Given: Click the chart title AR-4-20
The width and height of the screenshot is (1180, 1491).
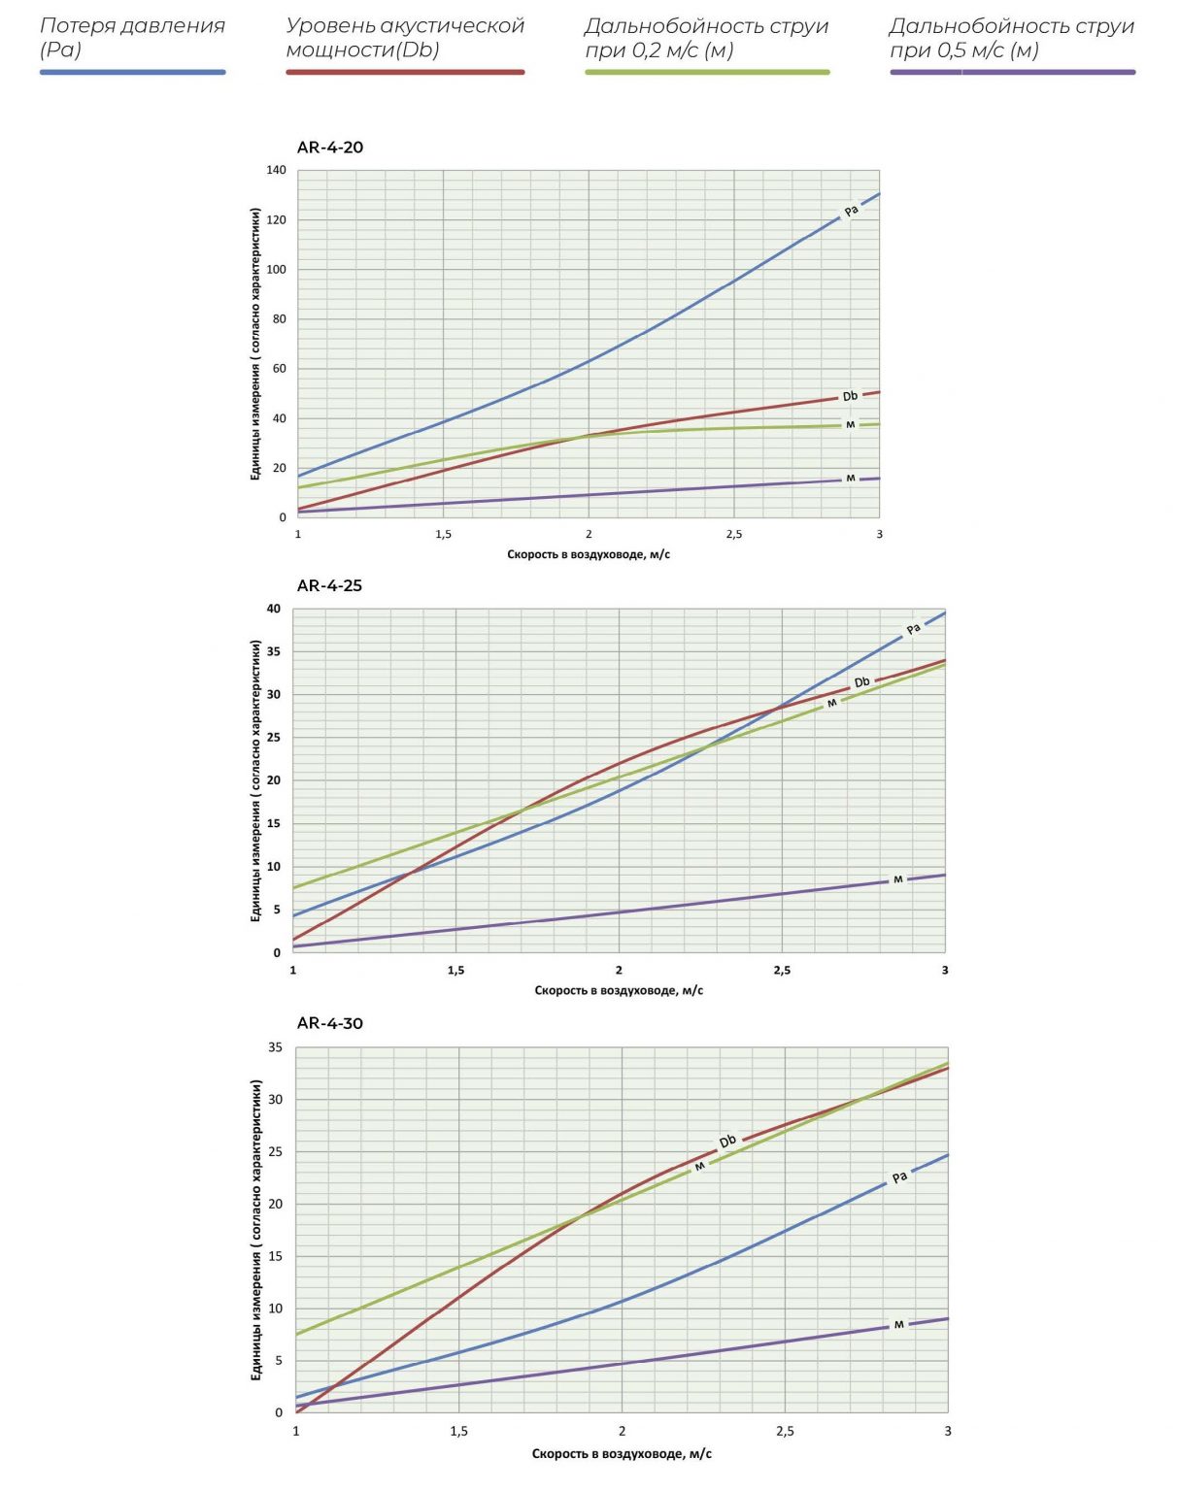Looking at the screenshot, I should tap(330, 148).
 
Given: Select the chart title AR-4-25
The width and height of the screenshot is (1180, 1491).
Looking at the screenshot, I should tap(329, 585).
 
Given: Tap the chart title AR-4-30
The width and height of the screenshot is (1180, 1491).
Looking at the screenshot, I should tap(329, 1023).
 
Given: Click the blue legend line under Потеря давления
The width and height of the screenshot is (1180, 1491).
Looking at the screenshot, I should tap(132, 72).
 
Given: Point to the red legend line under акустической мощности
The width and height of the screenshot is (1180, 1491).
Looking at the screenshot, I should tap(405, 72).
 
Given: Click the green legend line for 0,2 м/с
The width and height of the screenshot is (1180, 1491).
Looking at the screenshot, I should tap(707, 72).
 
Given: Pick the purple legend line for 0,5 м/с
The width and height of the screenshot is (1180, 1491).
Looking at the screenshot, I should tap(1012, 72).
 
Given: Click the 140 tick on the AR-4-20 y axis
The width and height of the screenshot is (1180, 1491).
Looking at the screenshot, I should tap(277, 170).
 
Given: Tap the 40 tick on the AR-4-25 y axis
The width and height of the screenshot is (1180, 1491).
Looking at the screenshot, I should tap(274, 609).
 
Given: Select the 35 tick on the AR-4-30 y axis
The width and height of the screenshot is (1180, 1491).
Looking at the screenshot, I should tap(276, 1047).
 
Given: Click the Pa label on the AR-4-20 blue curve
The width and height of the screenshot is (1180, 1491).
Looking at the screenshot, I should tap(852, 211).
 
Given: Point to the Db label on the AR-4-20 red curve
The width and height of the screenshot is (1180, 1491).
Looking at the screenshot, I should tap(850, 396).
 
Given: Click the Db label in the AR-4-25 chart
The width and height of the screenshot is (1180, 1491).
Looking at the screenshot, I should tap(862, 682).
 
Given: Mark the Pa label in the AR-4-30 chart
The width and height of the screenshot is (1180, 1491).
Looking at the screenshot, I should tap(899, 1177).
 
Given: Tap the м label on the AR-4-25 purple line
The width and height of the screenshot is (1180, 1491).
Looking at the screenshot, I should tap(897, 879).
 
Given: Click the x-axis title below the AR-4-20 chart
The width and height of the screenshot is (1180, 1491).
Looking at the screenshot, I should tap(589, 554).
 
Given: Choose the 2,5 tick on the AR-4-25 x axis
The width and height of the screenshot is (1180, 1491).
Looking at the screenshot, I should tap(782, 970).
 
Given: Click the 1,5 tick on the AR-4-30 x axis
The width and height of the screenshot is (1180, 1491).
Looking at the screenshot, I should tap(459, 1431).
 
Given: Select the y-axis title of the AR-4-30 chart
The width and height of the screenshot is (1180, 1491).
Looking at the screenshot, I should tap(256, 1230).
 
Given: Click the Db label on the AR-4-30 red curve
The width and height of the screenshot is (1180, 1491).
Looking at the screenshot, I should tap(727, 1142).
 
